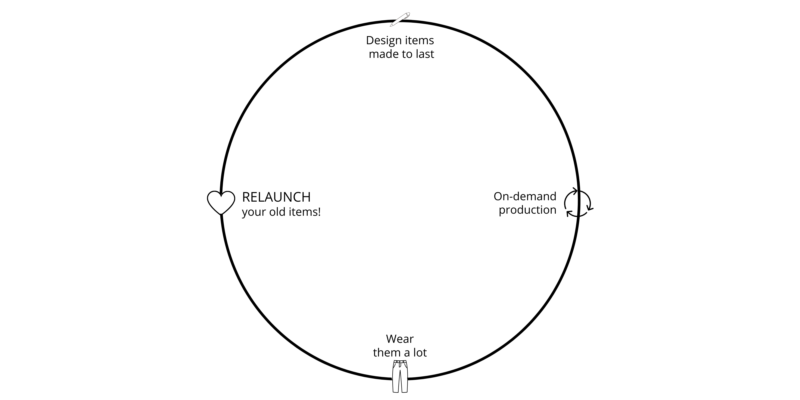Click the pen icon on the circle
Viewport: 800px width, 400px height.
coord(400,19)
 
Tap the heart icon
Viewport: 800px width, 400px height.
coord(221,202)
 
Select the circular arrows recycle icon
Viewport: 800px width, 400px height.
coord(578,203)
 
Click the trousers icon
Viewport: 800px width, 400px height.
coord(400,376)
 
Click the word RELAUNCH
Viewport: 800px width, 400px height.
coord(276,197)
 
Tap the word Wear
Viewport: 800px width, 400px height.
coord(400,339)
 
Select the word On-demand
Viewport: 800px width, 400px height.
coord(525,196)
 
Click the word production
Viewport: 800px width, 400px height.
coord(527,210)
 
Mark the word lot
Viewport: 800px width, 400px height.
coord(420,353)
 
